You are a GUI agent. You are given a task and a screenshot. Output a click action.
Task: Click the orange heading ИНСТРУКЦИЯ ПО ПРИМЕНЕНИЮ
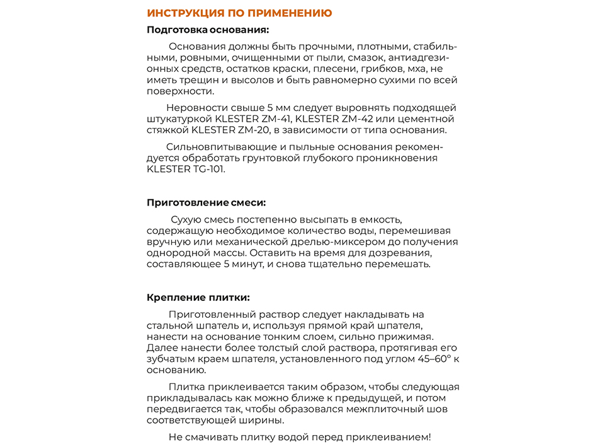239,13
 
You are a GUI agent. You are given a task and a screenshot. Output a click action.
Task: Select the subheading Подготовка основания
208,30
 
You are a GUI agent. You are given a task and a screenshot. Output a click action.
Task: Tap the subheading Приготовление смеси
206,202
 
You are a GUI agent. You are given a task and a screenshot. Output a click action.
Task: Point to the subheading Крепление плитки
198,297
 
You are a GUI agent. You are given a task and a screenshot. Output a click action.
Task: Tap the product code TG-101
205,169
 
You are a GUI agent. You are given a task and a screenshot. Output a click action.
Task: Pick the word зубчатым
169,359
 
